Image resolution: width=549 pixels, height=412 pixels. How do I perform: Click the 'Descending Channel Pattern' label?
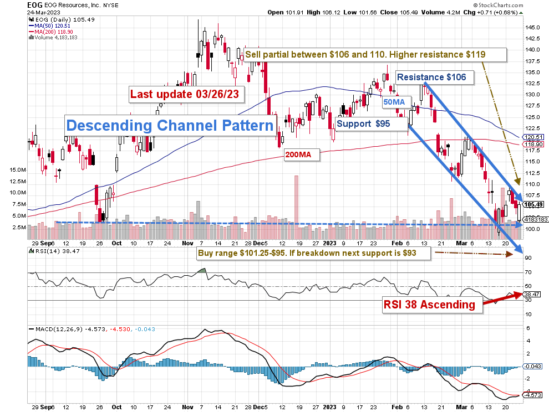pos(170,125)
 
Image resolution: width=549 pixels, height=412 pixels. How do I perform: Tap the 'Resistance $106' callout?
pos(434,77)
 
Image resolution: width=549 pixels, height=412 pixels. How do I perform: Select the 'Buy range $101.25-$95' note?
pos(314,253)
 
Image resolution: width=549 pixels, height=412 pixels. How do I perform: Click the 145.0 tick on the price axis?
pos(533,28)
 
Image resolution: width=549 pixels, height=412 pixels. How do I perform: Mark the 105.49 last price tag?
pos(533,204)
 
